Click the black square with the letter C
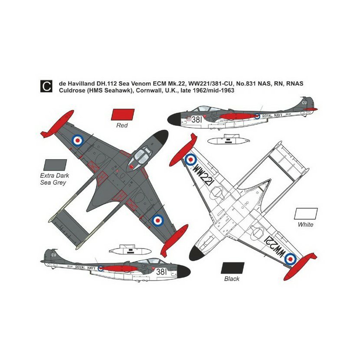45,85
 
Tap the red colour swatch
123,114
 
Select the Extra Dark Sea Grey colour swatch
55,165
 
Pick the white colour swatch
305,213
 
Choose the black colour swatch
232,268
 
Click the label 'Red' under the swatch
123,126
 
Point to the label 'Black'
232,279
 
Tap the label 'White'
305,225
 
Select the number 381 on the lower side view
161,272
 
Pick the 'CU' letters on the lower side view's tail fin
54,255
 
